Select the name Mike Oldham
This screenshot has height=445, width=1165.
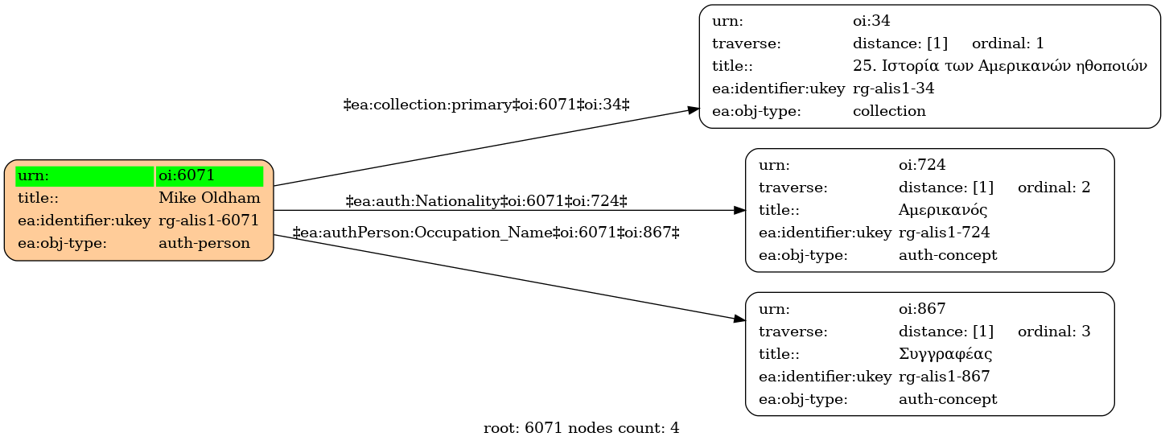(x=209, y=198)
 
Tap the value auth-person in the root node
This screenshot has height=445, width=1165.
(x=204, y=243)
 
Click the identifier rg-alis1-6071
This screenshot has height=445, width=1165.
(x=208, y=220)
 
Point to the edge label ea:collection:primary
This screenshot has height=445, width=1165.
(x=486, y=105)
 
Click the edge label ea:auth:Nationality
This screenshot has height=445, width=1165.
(x=486, y=201)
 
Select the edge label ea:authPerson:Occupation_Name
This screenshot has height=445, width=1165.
(x=486, y=232)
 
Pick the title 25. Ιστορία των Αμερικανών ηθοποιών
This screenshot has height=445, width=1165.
(x=999, y=66)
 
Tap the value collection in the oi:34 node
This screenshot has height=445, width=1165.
(x=889, y=111)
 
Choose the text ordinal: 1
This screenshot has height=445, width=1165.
(x=1008, y=43)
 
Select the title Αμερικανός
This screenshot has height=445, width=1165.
(x=943, y=210)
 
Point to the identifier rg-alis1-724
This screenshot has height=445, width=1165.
(x=945, y=232)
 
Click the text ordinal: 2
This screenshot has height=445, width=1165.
(x=1054, y=187)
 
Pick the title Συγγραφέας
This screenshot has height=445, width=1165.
(x=945, y=354)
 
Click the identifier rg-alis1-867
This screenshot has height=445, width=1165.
(x=945, y=377)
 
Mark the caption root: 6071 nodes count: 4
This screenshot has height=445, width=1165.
(x=582, y=428)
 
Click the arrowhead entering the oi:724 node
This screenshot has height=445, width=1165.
(x=739, y=210)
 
